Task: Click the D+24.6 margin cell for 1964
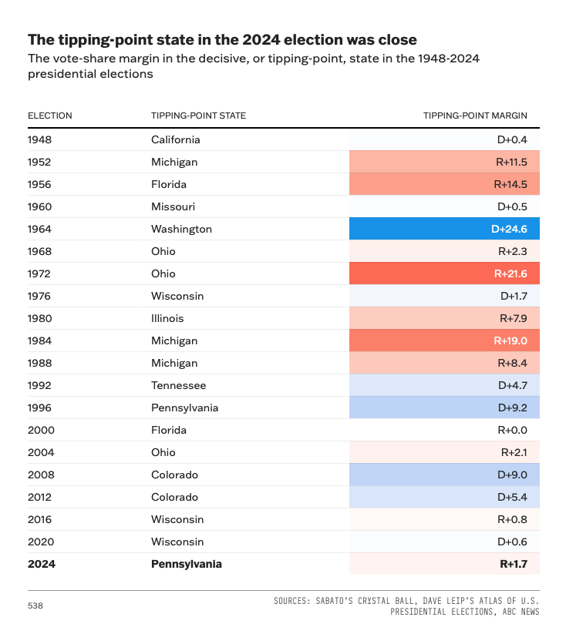[x=509, y=229]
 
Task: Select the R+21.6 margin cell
[x=510, y=273]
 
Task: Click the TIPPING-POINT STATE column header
[x=198, y=116]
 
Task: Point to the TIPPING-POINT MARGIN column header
[x=475, y=116]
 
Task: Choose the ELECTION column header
[x=50, y=116]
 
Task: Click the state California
[x=175, y=139]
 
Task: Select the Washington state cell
[x=181, y=229]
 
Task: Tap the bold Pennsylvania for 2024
[x=186, y=564]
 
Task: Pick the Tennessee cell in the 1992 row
[x=178, y=385]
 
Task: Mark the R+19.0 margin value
[x=510, y=340]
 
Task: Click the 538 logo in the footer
[x=35, y=606]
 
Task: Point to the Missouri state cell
[x=173, y=206]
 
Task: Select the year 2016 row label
[x=40, y=519]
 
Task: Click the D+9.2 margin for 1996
[x=512, y=408]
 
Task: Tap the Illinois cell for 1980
[x=167, y=318]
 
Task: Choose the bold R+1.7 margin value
[x=514, y=564]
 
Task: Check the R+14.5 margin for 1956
[x=510, y=184]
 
